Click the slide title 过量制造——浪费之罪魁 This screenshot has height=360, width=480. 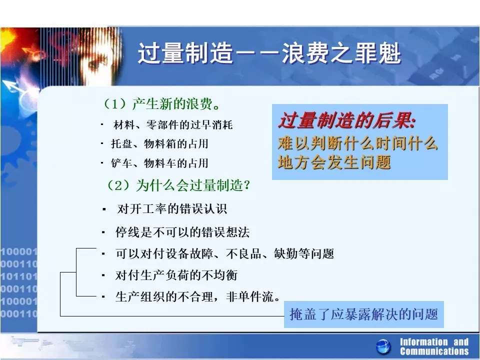tap(269, 53)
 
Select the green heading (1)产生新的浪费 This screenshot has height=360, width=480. tap(161, 104)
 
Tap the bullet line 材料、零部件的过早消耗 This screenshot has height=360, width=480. tap(173, 124)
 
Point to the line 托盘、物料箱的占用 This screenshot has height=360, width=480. tap(159, 143)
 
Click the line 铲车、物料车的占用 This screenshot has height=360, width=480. tap(159, 163)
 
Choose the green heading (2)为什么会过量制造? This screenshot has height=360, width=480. tap(178, 185)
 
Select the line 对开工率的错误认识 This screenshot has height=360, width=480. tap(172, 209)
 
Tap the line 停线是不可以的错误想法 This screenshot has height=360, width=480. tap(182, 232)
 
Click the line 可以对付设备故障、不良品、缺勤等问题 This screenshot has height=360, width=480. tap(224, 254)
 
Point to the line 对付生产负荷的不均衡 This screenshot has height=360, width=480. tap(176, 275)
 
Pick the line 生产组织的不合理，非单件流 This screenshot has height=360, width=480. tap(197, 296)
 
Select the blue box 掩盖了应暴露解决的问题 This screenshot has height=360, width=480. tap(363, 314)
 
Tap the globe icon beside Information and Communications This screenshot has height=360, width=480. tap(383, 347)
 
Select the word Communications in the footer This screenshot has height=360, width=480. tap(434, 351)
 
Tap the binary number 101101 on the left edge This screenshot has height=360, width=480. tap(18, 276)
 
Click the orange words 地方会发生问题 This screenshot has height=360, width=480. tap(334, 162)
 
